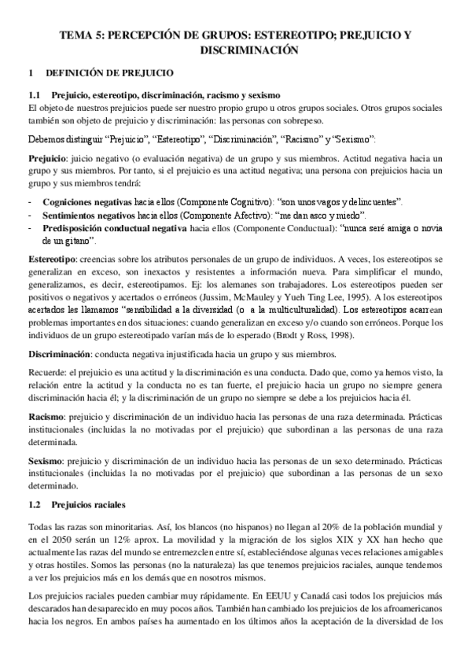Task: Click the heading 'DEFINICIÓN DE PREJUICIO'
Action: point(110,73)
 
